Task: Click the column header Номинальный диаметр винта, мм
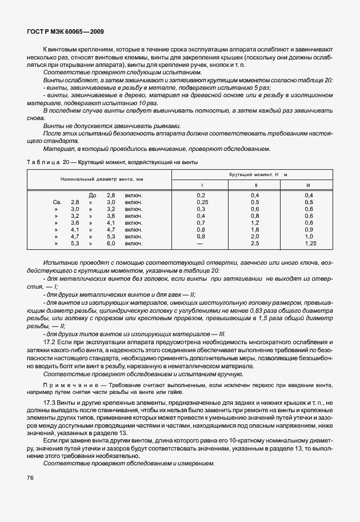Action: (102, 179)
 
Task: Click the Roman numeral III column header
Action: (309, 185)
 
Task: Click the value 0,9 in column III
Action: (309, 230)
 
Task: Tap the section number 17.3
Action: (50, 403)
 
